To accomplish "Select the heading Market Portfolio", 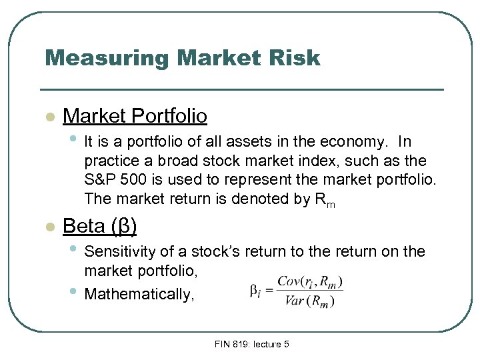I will click(135, 116).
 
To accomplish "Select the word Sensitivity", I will click(117, 252).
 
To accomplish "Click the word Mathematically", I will click(139, 294).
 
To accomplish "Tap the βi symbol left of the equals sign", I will click(254, 291).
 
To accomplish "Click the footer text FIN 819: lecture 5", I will click(252, 344).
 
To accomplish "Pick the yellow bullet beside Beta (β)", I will click(48, 227).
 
